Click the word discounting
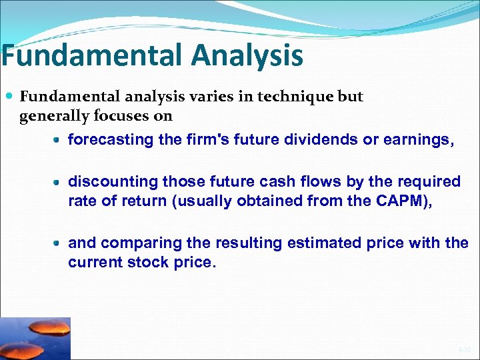112,182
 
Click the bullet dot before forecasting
58,141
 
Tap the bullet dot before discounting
58,182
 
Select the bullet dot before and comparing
58,243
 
